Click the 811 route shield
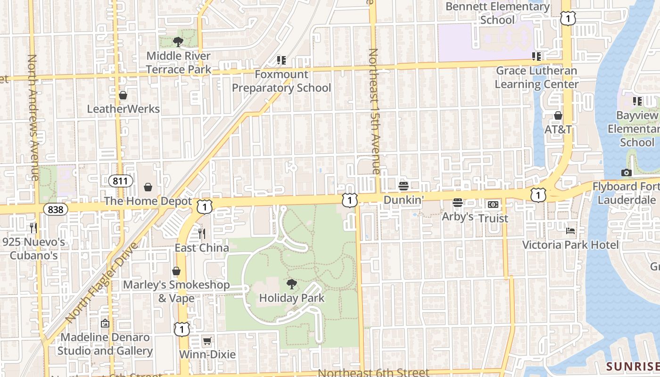coord(120,180)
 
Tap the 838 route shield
coord(55,209)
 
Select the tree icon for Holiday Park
coord(292,284)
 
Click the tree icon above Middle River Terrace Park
coord(178,42)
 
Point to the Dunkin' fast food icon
coord(403,186)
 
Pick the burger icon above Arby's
coord(458,203)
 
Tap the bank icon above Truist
coord(493,205)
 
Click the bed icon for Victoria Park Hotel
coord(570,231)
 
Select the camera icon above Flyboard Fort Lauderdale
coord(627,172)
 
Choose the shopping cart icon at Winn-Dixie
coord(207,341)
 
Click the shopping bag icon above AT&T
coord(558,115)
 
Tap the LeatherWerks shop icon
coord(123,96)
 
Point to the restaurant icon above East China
coord(202,233)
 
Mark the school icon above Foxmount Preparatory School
coord(281,60)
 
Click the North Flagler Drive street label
coord(101,282)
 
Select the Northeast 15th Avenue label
coord(374,111)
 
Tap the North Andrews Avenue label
coord(33,117)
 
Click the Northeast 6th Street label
coord(373,372)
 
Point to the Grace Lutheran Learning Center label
coord(536,77)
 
